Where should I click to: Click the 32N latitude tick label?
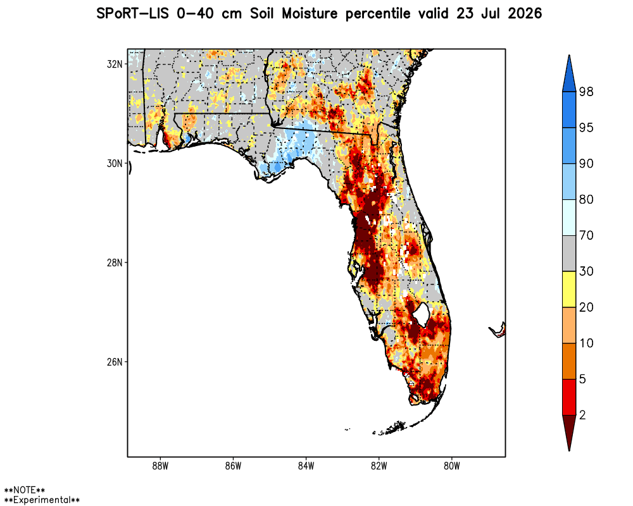(115, 64)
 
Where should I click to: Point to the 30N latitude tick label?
(115, 163)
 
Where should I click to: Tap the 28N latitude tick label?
(115, 262)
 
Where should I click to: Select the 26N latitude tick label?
(115, 362)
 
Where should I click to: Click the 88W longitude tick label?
(160, 466)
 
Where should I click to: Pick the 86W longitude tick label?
(234, 466)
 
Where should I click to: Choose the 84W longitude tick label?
(306, 466)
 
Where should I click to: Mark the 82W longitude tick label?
(379, 466)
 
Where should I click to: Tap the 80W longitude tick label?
(452, 466)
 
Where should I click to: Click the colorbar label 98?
(586, 92)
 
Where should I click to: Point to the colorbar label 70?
(586, 235)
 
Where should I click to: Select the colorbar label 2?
(582, 415)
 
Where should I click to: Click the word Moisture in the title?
(310, 14)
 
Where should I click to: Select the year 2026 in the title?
(525, 14)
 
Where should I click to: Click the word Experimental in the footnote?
(42, 500)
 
